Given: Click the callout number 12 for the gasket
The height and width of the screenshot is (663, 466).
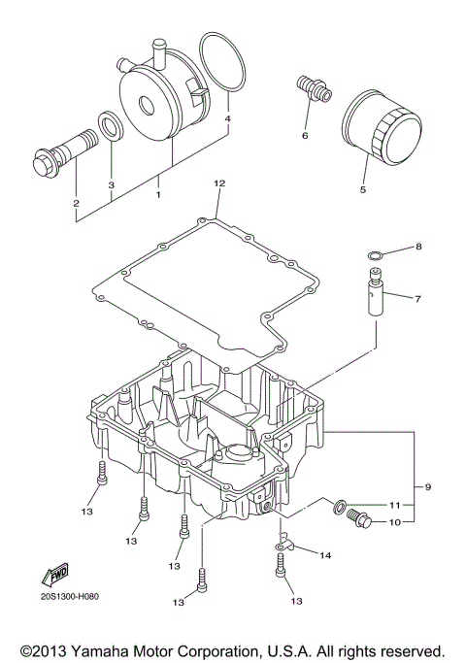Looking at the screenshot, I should coord(219,183).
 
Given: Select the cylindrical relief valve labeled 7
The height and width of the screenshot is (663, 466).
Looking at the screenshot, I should coord(377,294).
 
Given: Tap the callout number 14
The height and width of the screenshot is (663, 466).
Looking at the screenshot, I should coord(325,555).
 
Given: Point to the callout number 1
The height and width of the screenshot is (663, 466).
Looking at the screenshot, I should coord(158,194).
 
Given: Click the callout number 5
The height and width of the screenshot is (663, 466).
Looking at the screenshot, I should coord(363,190).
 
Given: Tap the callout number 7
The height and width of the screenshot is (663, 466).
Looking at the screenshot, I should coord(418,299).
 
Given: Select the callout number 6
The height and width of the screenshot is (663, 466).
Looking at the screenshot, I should coord(304,135).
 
